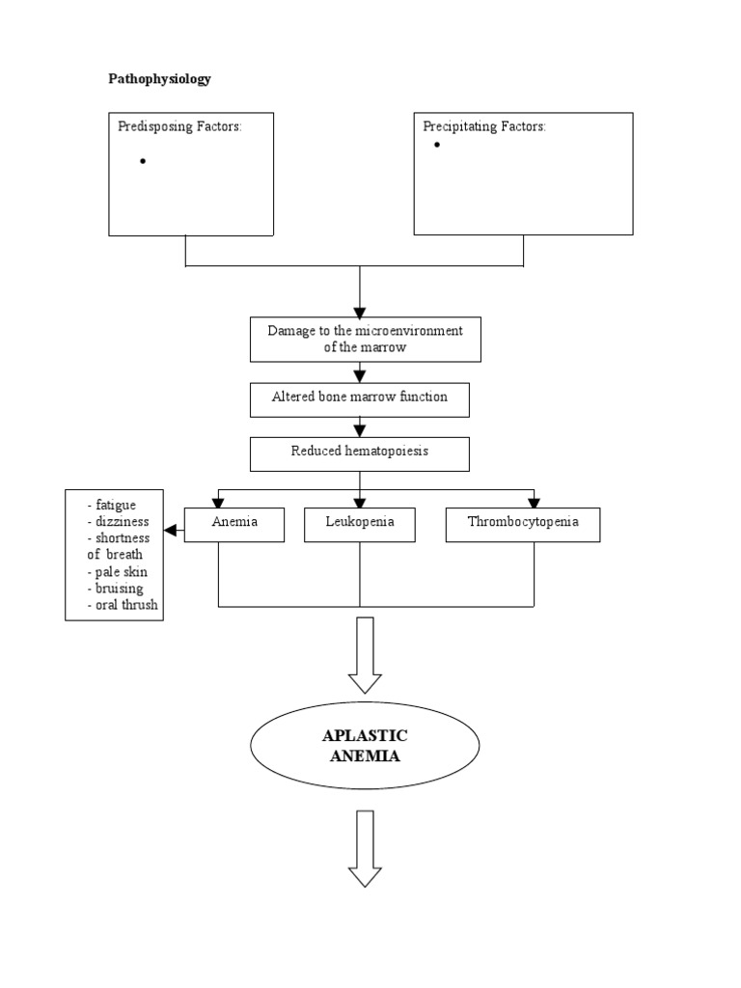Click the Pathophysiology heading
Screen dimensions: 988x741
coord(159,79)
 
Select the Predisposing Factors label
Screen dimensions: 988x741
coord(179,126)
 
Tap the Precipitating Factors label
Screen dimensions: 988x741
coord(484,126)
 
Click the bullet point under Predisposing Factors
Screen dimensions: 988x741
coord(143,161)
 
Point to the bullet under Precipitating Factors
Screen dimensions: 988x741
coord(436,145)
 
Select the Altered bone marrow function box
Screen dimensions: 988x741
coord(360,398)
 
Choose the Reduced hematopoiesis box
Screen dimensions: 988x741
coord(360,451)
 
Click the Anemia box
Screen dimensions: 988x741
coord(235,523)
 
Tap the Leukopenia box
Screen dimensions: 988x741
coord(360,523)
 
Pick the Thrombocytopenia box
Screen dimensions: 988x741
coord(523,523)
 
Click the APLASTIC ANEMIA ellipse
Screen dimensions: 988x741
coord(365,746)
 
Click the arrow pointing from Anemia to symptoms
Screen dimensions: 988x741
coord(174,530)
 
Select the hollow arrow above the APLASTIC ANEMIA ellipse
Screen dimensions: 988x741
coord(365,655)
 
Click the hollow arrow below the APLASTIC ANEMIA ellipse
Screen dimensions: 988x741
coord(365,848)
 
